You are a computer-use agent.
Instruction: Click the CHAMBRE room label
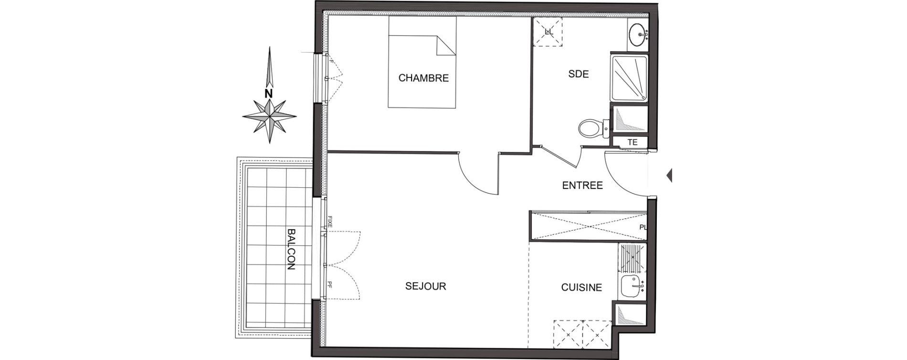[423, 78]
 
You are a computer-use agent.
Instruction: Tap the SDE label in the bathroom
[579, 74]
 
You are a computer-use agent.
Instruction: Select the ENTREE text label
[582, 185]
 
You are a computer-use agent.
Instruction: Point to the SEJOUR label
[425, 286]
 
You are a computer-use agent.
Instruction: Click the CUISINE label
[581, 287]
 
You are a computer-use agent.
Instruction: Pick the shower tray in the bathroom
[629, 78]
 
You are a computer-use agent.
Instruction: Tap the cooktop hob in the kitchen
[632, 258]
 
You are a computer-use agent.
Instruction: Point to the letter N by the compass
[268, 94]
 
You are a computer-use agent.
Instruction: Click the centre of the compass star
[269, 116]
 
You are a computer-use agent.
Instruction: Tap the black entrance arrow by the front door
[669, 175]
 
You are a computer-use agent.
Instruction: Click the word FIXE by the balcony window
[329, 221]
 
